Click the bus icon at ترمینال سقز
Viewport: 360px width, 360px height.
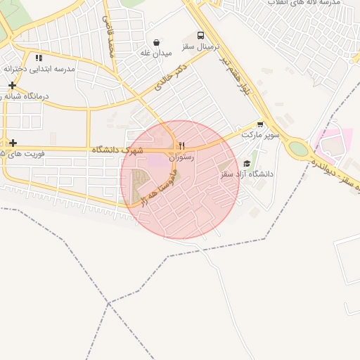pos(201,35)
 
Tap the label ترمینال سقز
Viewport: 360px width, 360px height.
pos(201,46)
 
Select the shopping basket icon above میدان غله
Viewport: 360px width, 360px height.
pos(155,42)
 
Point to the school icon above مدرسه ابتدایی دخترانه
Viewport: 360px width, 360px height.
pos(39,58)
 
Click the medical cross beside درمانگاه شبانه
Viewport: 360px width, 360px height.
pos(11,86)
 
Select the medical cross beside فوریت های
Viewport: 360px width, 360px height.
pos(13,143)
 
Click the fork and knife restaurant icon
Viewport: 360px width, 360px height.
pos(181,146)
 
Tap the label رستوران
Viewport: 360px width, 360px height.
pos(181,157)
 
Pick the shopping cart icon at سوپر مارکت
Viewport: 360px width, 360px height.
pos(261,124)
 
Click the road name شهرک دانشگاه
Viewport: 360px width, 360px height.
pos(117,150)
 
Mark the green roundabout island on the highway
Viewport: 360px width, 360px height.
pos(299,148)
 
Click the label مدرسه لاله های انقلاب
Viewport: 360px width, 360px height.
pos(310,4)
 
